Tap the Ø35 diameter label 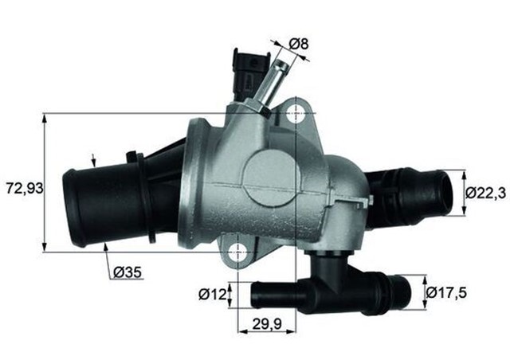127,272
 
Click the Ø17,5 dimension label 447,292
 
